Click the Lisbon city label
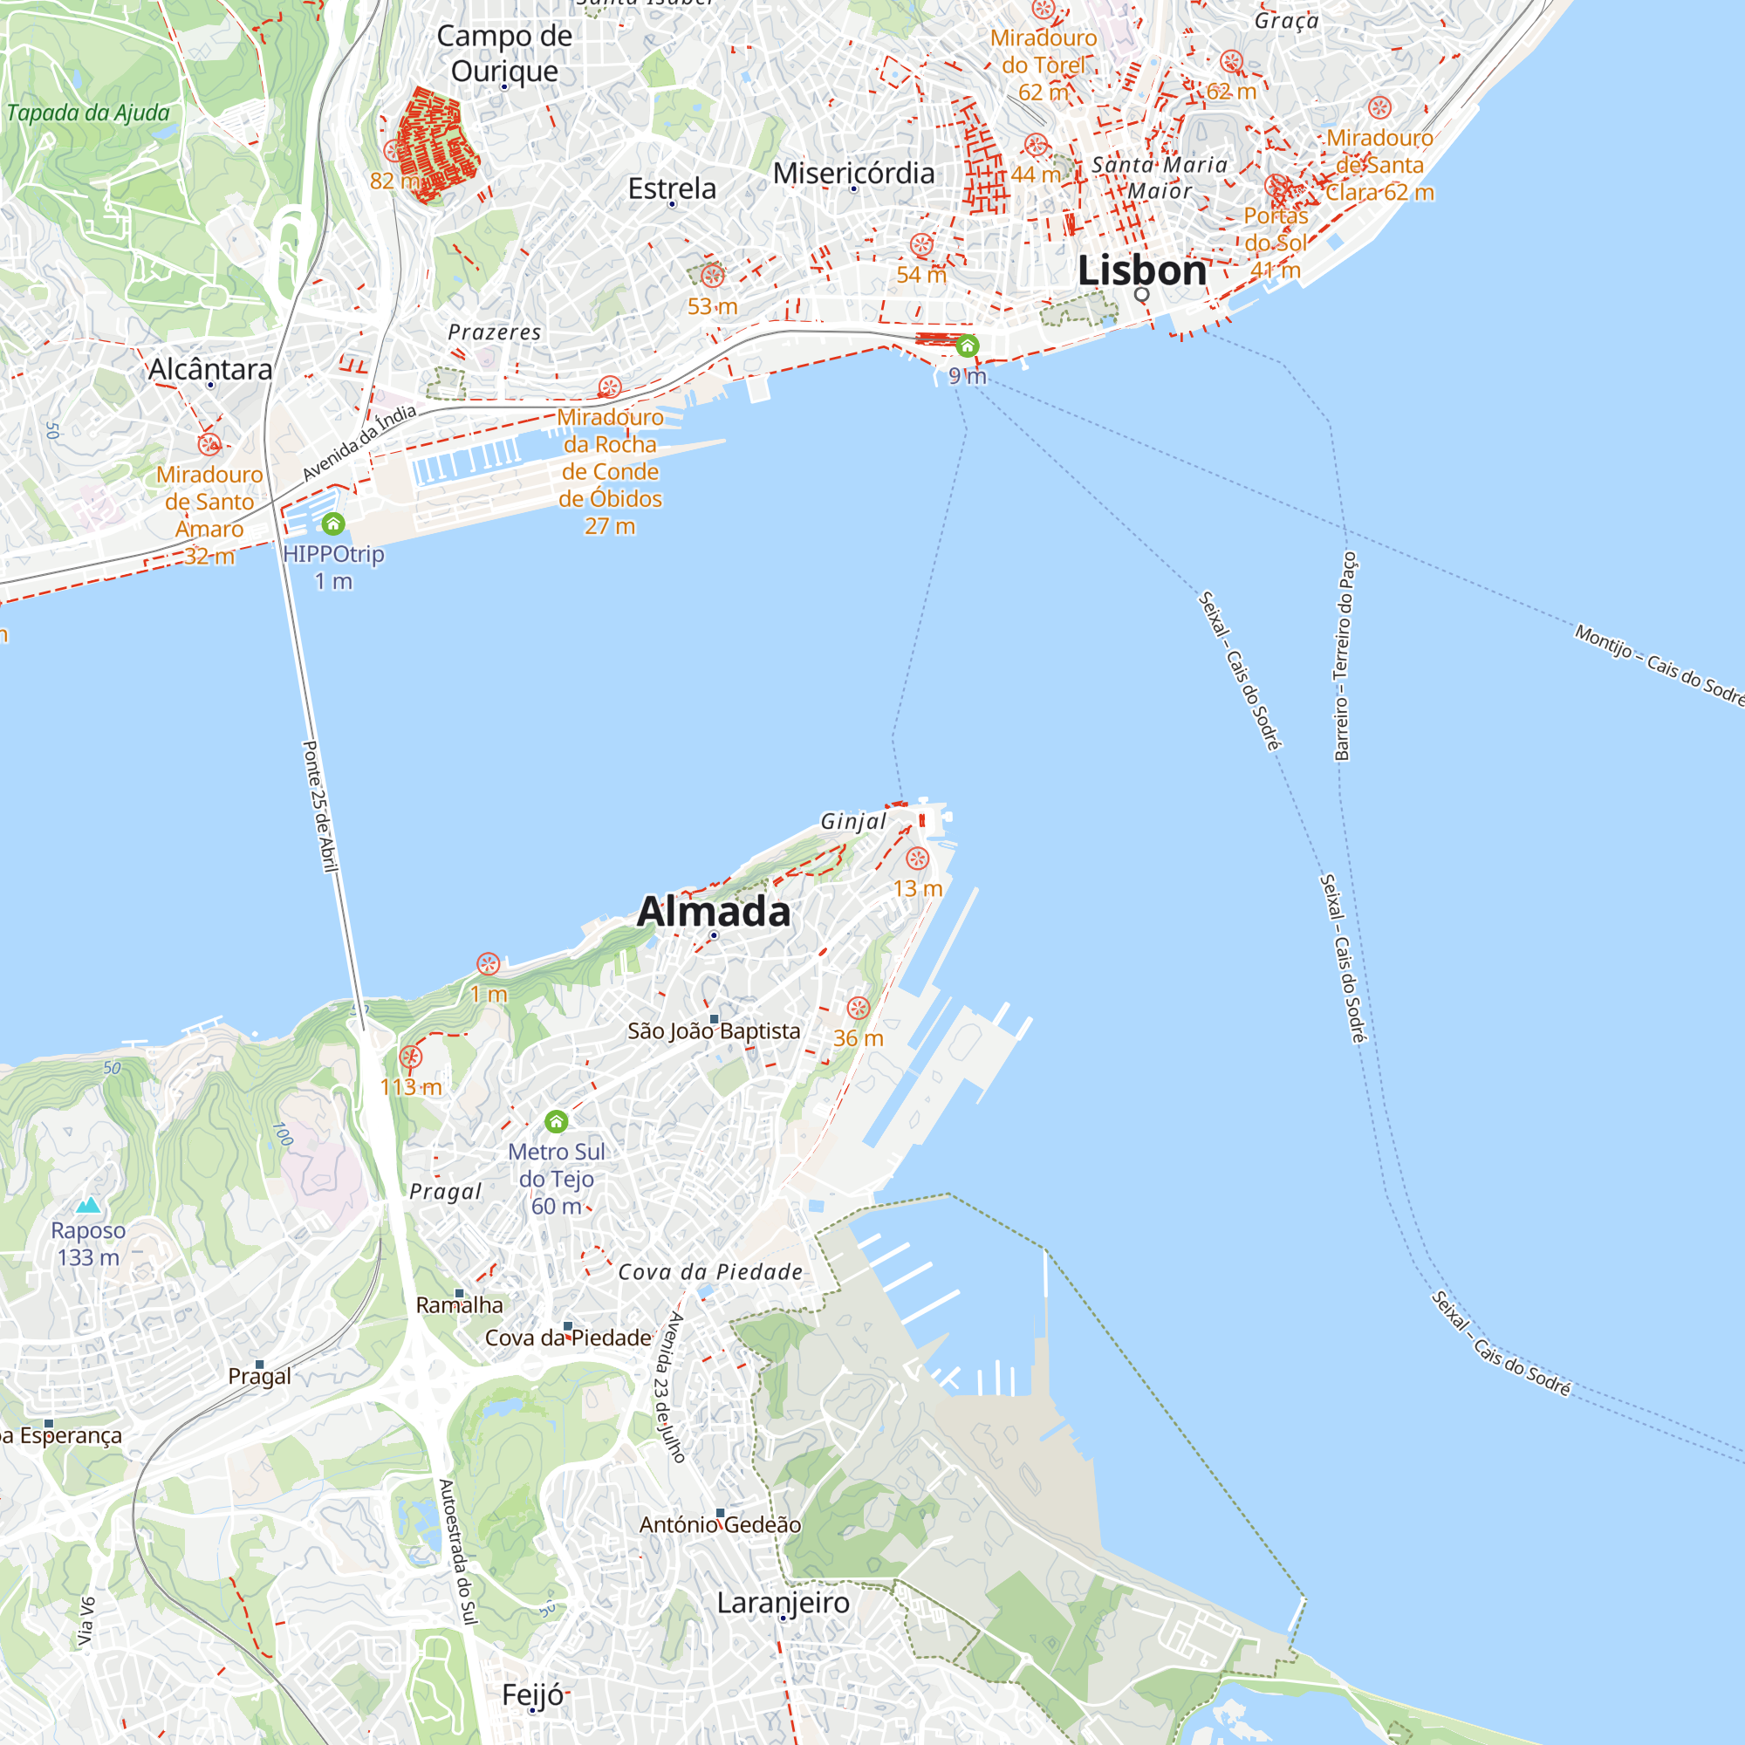1141,271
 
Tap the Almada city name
714,912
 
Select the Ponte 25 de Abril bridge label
318,806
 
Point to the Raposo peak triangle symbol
88,1205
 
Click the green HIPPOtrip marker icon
333,523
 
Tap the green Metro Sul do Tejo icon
557,1122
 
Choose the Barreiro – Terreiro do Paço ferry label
1345,657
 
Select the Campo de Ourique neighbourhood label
504,53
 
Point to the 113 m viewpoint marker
411,1057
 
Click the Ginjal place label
853,821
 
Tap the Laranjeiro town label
784,1602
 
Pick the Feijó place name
533,1694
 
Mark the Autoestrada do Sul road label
457,1550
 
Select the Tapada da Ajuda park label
88,113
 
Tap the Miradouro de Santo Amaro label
209,503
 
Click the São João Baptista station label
714,1030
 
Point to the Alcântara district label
210,369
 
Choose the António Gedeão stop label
720,1524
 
